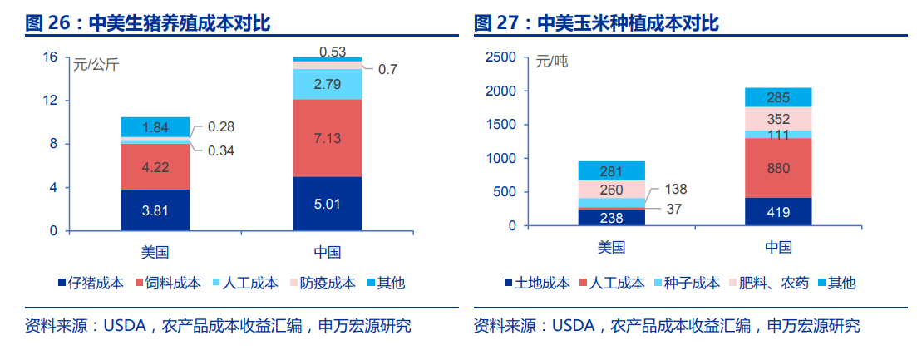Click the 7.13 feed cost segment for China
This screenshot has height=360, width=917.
coord(327,138)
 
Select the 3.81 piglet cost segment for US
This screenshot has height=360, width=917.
coord(155,210)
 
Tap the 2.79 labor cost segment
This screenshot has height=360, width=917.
coord(327,84)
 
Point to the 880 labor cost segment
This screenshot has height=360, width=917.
coord(777,168)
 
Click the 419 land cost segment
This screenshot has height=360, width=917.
coord(777,211)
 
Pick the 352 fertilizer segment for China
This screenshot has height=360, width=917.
coord(777,119)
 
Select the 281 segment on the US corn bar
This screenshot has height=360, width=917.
coord(612,171)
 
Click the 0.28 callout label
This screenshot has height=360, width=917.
coord(221,127)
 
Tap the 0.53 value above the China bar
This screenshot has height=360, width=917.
coord(333,52)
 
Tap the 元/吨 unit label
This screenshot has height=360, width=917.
coord(552,62)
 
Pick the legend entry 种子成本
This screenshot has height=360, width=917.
coord(692,283)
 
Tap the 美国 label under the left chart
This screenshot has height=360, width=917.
coord(155,251)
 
